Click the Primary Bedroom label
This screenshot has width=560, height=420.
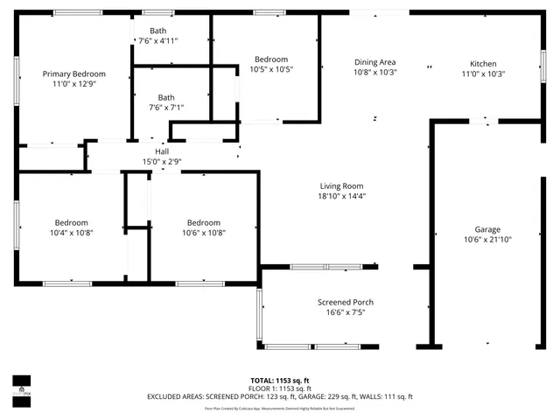74,74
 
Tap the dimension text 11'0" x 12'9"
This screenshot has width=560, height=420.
74,85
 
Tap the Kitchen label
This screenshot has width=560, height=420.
483,64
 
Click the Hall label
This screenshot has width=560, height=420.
162,151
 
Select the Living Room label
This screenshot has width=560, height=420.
340,185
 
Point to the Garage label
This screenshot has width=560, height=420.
487,229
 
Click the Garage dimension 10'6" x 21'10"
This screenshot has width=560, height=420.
487,240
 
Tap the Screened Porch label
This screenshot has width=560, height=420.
345,303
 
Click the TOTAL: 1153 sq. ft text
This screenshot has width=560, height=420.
279,380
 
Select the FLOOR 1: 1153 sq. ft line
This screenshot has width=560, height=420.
279,388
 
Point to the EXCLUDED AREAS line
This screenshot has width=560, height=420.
279,396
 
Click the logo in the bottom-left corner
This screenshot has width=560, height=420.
20,385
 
